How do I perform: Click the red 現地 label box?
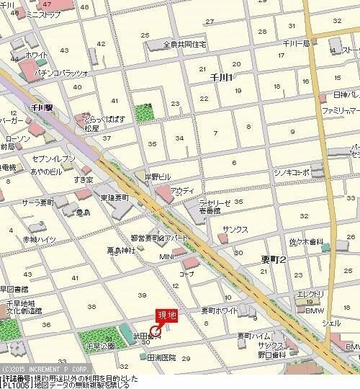[167, 316]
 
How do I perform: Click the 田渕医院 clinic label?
[161, 357]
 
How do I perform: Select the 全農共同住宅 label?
[184, 44]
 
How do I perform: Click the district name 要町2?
[274, 261]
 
